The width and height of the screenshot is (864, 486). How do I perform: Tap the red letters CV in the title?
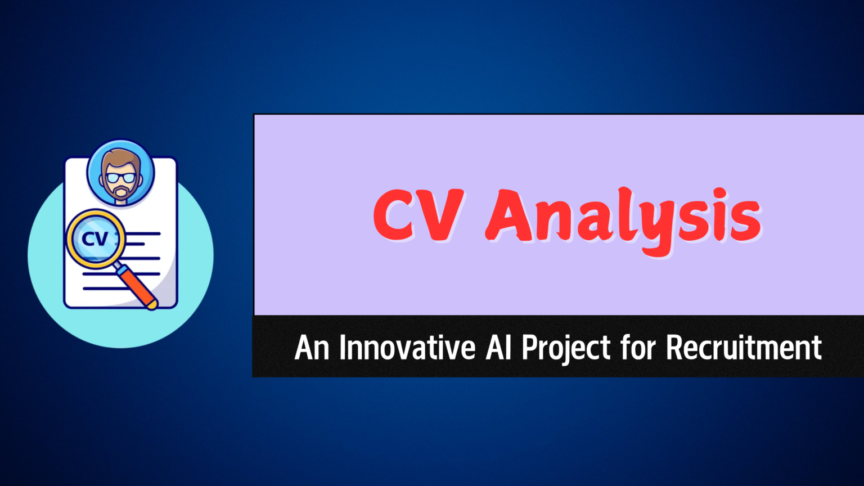(x=418, y=216)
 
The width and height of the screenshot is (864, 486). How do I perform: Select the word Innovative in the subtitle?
(x=407, y=348)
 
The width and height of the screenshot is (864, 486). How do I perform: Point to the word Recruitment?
(x=744, y=348)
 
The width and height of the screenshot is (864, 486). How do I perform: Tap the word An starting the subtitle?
(x=312, y=348)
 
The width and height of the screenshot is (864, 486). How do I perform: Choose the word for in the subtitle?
(x=638, y=348)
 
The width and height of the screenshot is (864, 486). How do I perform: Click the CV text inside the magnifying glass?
(x=94, y=239)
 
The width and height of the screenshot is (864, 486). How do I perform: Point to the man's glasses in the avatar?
(x=121, y=178)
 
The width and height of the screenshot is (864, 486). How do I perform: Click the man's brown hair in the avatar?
(x=120, y=157)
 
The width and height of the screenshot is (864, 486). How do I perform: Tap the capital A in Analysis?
(x=511, y=216)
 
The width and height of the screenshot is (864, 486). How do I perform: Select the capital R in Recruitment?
(x=674, y=348)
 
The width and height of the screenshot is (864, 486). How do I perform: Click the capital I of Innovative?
(x=343, y=348)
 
